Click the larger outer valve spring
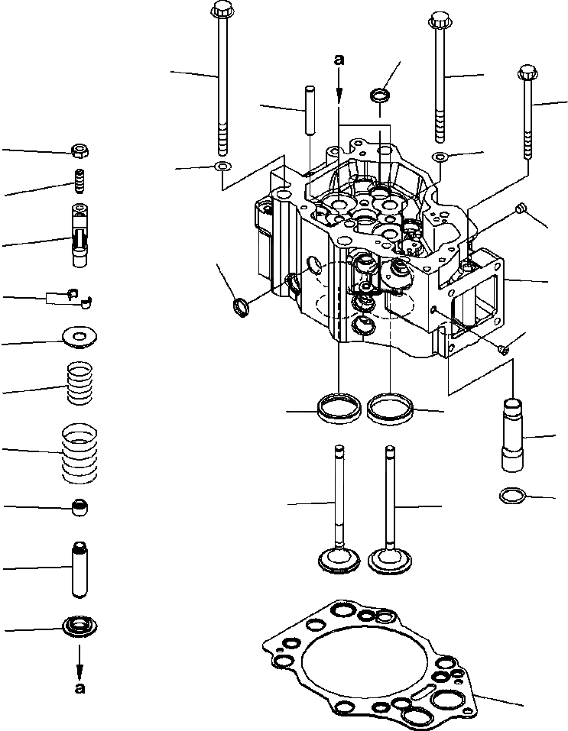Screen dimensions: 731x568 tap(81, 454)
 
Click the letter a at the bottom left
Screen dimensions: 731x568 tap(80, 687)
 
